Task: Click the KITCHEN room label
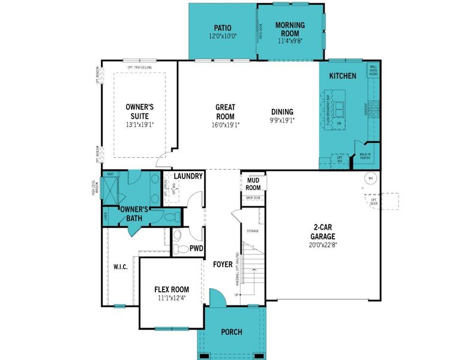(x=343, y=76)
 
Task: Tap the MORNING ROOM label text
(x=290, y=29)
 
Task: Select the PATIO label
(x=223, y=28)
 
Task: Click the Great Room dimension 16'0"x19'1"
(x=225, y=125)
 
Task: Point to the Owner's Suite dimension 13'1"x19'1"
(x=140, y=125)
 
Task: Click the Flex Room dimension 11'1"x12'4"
(x=171, y=298)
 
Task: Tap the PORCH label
(x=232, y=331)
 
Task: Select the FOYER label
(x=223, y=264)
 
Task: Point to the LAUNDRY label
(x=188, y=176)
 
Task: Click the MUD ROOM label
(x=253, y=184)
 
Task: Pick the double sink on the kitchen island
(x=340, y=109)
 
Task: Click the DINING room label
(x=282, y=112)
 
